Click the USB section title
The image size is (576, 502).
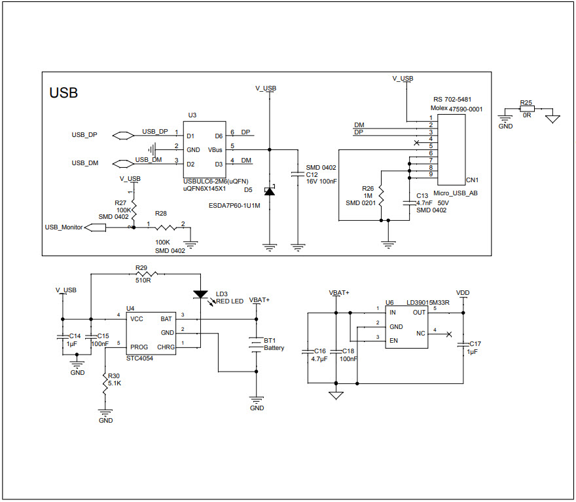[x=64, y=93]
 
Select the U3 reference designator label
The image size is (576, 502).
[x=192, y=115]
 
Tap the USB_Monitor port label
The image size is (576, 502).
[x=63, y=227]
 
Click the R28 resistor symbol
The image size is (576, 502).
[x=165, y=227]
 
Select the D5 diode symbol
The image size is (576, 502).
[x=269, y=191]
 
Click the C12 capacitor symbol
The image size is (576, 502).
[x=298, y=174]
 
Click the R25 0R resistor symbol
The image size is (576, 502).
[x=526, y=111]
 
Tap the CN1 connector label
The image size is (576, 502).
[x=472, y=180]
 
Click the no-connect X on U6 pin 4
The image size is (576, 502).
[x=448, y=334]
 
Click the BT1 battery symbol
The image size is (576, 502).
[x=255, y=344]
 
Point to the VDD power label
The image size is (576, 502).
[x=463, y=293]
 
